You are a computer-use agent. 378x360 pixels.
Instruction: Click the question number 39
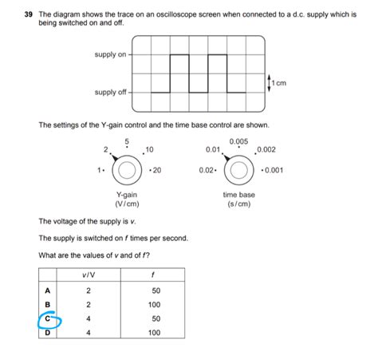point(28,14)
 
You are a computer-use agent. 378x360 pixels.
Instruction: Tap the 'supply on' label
point(110,54)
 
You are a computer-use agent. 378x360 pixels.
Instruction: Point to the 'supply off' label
point(110,93)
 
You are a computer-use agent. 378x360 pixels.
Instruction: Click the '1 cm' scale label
point(278,82)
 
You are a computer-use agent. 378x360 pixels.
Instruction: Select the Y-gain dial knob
point(127,170)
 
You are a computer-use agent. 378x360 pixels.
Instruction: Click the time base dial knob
point(238,170)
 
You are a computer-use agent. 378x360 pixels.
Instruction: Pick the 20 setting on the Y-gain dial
point(156,170)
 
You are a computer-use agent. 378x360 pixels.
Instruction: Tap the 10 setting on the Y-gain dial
point(150,150)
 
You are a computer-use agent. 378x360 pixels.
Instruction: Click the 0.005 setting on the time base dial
point(238,141)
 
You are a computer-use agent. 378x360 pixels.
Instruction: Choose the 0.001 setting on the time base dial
point(272,170)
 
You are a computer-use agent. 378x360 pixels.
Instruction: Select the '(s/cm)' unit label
point(238,204)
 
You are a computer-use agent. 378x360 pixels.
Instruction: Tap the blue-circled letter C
point(48,319)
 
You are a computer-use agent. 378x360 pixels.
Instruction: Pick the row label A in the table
point(48,291)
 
